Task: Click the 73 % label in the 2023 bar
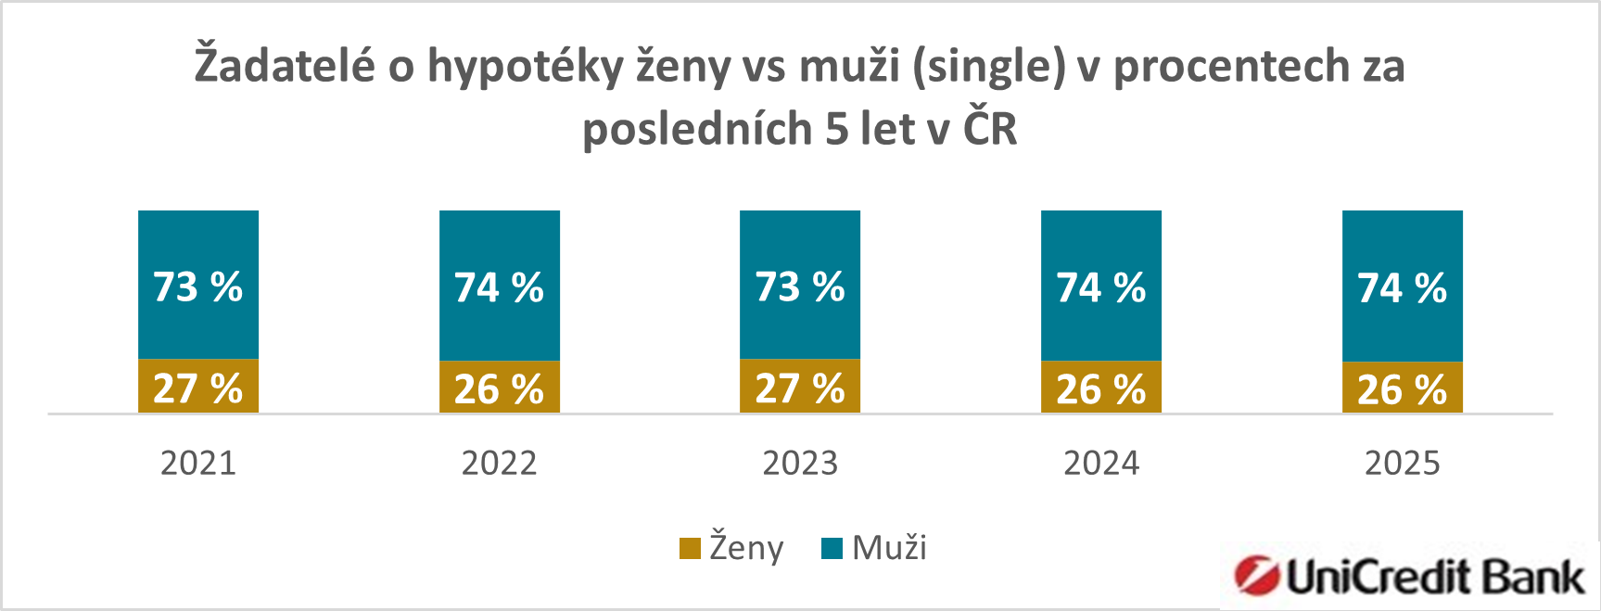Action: pos(799,287)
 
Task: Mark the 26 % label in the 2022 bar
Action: pos(499,389)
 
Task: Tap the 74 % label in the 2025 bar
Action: pos(1402,288)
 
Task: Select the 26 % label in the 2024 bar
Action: pos(1100,389)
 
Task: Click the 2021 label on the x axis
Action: pos(197,463)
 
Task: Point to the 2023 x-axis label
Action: pos(799,463)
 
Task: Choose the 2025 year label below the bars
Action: pos(1402,463)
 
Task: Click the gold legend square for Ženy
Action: pos(690,548)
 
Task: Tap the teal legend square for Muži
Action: pos(832,548)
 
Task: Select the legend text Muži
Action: pos(889,548)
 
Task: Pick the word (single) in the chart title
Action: pos(988,67)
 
